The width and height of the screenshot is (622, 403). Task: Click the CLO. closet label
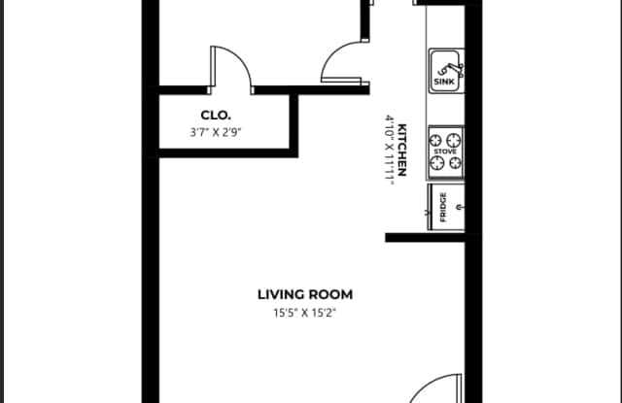pyautogui.click(x=216, y=116)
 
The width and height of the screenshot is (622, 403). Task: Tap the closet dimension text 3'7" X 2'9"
pyautogui.click(x=216, y=132)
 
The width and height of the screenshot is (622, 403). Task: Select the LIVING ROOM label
pyautogui.click(x=305, y=294)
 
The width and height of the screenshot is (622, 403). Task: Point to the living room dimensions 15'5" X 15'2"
pyautogui.click(x=304, y=313)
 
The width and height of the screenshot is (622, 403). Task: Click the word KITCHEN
pyautogui.click(x=401, y=150)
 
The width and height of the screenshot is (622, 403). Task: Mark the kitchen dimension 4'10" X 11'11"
pyautogui.click(x=389, y=150)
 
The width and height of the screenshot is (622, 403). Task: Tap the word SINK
pyautogui.click(x=444, y=82)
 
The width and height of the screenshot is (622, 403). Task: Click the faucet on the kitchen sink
pyautogui.click(x=451, y=70)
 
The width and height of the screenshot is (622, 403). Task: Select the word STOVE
pyautogui.click(x=445, y=151)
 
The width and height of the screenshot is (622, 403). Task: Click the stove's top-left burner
pyautogui.click(x=436, y=140)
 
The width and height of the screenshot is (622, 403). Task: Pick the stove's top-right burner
pyautogui.click(x=454, y=140)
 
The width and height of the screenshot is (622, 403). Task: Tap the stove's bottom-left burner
pyautogui.click(x=437, y=162)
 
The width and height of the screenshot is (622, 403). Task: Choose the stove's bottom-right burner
pyautogui.click(x=455, y=162)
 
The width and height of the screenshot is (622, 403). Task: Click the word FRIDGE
pyautogui.click(x=443, y=207)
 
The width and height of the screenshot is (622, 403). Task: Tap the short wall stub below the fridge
pyautogui.click(x=426, y=237)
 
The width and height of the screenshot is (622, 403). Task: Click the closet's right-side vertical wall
pyautogui.click(x=294, y=125)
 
